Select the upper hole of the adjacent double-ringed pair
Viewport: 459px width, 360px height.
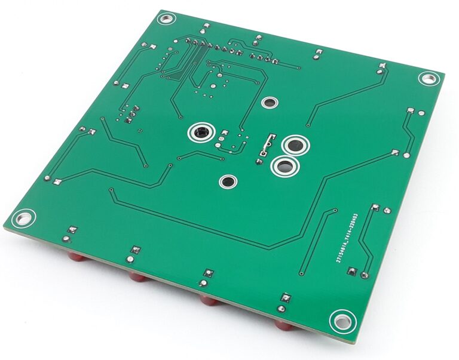point(295,145)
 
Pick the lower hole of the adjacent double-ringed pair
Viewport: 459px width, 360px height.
point(284,167)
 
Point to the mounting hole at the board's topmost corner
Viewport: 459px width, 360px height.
point(165,19)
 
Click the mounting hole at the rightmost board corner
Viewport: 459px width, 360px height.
point(428,78)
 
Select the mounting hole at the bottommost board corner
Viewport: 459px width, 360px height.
point(341,321)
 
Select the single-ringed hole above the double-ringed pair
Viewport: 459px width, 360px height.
point(269,103)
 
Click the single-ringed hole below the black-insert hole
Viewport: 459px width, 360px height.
point(227,181)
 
